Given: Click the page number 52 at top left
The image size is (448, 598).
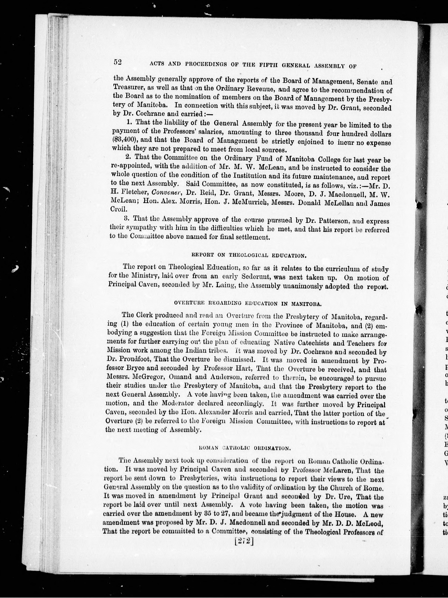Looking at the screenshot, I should (x=118, y=62).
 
